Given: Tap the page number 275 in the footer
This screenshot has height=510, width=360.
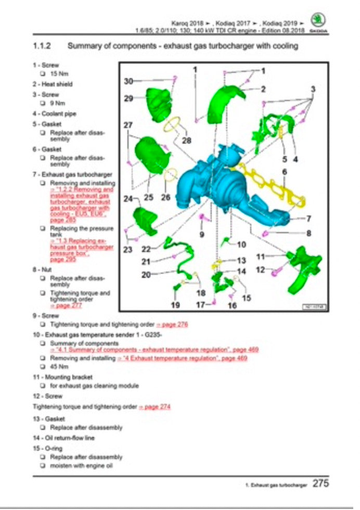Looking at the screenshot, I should pos(320,483).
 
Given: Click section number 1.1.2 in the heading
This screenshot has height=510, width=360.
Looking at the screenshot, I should pos(41,46).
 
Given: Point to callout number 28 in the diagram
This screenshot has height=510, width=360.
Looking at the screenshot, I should pos(186,141).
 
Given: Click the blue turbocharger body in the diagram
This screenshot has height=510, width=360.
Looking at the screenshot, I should pos(208,180).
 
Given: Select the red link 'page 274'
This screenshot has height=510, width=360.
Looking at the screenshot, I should pos(155,406).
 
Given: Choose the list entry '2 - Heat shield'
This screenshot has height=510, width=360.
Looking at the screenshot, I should pos(53,84).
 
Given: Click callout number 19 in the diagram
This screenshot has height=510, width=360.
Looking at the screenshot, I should pos(175,305).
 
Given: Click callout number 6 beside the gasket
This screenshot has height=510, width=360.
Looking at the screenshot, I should pos(285,171).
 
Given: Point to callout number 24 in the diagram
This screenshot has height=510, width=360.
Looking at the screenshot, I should pos(128,198).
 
